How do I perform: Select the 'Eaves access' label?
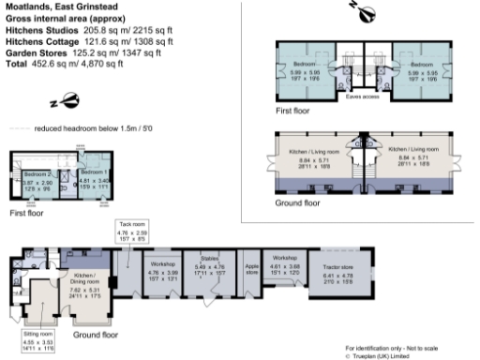click(362, 96)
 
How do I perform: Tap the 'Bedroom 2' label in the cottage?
click(37, 174)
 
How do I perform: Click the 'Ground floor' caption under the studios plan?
click(296, 202)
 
